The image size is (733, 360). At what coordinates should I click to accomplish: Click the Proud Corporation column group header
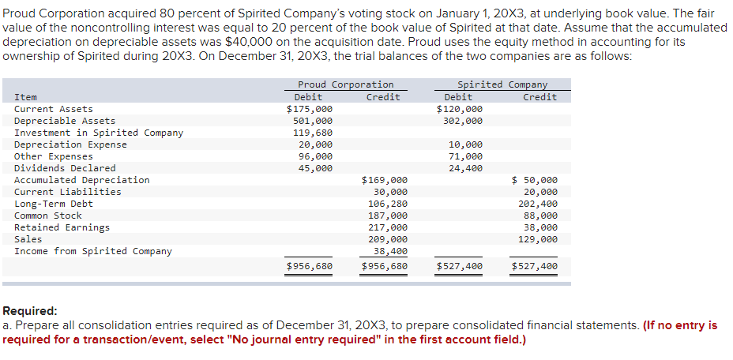[x=345, y=84]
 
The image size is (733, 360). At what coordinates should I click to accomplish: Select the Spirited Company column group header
[x=502, y=84]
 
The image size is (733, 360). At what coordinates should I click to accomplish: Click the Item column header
[x=25, y=97]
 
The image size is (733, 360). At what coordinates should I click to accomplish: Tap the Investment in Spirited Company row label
[x=99, y=133]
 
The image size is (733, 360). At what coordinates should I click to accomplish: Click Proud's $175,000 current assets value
[x=309, y=109]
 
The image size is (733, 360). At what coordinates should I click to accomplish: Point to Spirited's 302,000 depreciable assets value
[x=464, y=121]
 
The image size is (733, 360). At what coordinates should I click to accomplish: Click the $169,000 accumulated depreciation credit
[x=385, y=180]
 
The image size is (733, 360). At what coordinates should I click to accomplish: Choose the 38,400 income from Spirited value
[x=390, y=251]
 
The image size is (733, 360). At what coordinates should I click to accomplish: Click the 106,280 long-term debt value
[x=388, y=204]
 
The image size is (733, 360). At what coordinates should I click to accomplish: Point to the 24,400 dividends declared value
[x=466, y=168]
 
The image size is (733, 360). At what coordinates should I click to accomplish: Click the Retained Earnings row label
[x=62, y=227]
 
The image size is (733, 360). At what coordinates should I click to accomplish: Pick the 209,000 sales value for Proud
[x=388, y=239]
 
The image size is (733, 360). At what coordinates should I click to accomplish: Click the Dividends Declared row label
[x=65, y=168]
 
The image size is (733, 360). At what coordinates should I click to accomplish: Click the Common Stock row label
[x=48, y=216]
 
